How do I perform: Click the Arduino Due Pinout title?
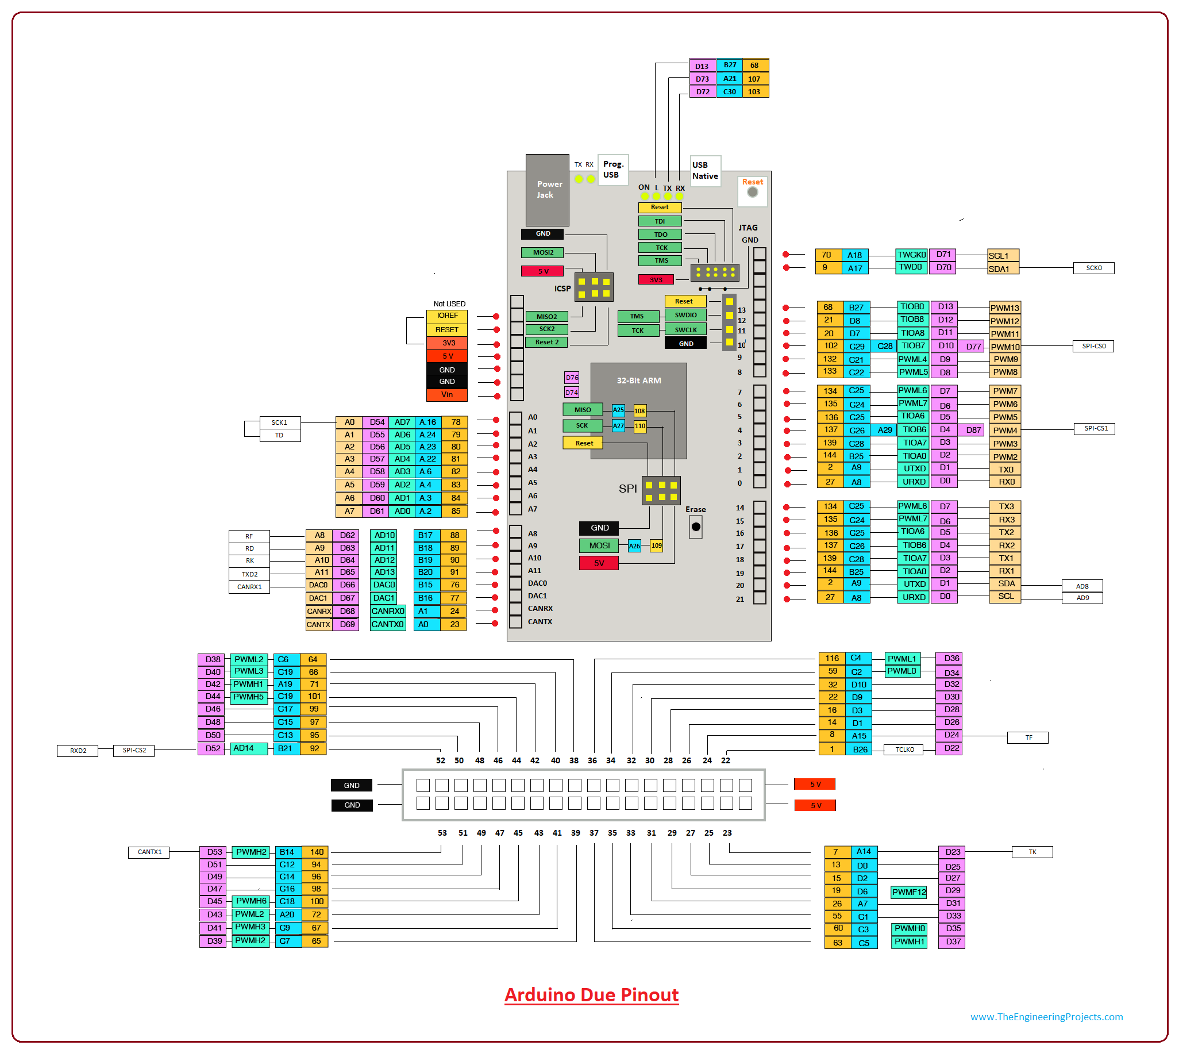pos(591,995)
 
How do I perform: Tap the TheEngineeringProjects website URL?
pos(1046,1017)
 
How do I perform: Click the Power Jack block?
pos(546,190)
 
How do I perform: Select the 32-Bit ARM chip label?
pos(638,381)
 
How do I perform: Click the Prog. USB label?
pos(612,170)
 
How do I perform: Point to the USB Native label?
pos(705,171)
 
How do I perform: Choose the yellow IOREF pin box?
pos(446,316)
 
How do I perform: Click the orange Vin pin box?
pos(446,394)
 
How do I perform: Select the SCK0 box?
pos(1093,268)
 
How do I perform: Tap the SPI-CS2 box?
pos(134,751)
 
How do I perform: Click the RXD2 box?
pos(78,751)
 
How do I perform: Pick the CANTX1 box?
pos(149,852)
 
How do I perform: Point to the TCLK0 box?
pos(904,750)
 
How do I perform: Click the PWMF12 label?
pos(908,892)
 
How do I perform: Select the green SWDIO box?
pos(685,316)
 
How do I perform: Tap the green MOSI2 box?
pos(542,252)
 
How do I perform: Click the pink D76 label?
pos(571,378)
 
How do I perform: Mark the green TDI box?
pos(660,221)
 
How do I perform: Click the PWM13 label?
pos(1004,308)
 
